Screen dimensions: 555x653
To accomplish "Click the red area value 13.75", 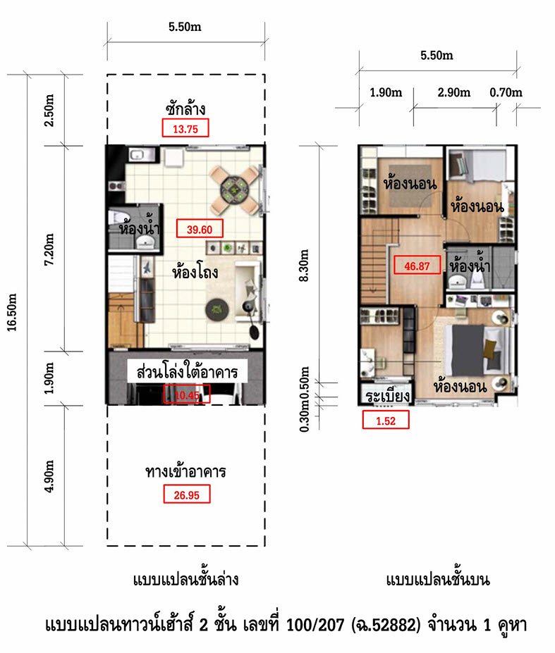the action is pyautogui.click(x=185, y=129).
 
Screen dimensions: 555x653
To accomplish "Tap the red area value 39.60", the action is pyautogui.click(x=200, y=230).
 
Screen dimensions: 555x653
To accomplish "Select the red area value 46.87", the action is pyautogui.click(x=417, y=266).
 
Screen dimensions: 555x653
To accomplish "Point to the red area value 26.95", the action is pyautogui.click(x=186, y=495).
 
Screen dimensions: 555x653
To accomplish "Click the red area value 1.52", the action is pyautogui.click(x=386, y=421).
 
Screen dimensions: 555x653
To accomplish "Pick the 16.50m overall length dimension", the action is pyautogui.click(x=12, y=312).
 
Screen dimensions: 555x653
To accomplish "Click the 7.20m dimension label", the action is pyautogui.click(x=49, y=249).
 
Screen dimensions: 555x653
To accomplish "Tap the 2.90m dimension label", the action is pyautogui.click(x=453, y=92).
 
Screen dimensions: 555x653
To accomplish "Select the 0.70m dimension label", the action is pyautogui.click(x=506, y=92).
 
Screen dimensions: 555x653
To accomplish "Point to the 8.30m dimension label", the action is pyautogui.click(x=305, y=266).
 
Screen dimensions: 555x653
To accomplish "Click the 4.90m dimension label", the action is pyautogui.click(x=49, y=476).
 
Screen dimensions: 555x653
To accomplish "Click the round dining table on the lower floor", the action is pyautogui.click(x=235, y=190).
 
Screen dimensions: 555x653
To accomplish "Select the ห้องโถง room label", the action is pyautogui.click(x=195, y=273).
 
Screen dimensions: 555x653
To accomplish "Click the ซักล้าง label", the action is pyautogui.click(x=185, y=109).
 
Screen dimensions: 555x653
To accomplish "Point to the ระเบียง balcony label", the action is pyautogui.click(x=387, y=396).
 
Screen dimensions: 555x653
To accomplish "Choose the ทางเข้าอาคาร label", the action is pyautogui.click(x=185, y=472).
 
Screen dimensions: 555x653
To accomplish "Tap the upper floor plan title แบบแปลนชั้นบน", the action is pyautogui.click(x=438, y=580).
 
